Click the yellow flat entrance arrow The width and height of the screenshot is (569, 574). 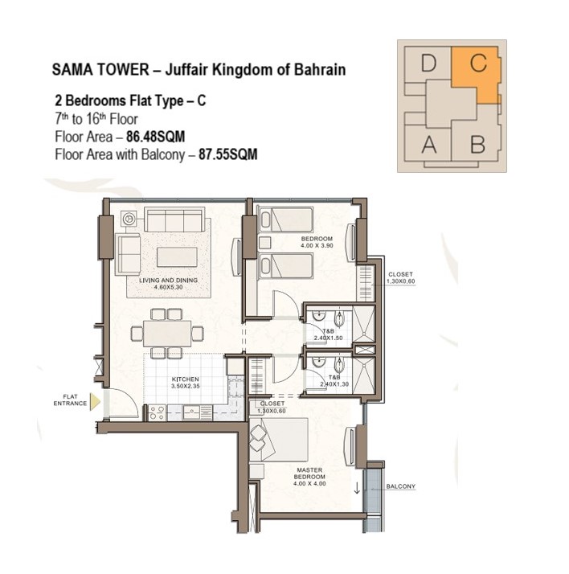point(95,402)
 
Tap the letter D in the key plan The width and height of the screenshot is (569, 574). point(428,63)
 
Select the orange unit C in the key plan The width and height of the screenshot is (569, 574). point(477,73)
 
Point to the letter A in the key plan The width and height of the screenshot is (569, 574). point(429,145)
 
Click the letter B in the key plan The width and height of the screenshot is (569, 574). point(477,144)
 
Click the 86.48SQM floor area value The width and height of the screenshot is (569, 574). point(156,137)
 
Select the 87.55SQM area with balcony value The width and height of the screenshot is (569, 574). point(228,154)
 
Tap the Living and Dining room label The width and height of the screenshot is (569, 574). point(168,284)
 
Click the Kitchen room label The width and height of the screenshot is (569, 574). point(186,383)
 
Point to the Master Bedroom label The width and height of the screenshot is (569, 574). point(309,477)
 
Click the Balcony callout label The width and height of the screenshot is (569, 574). point(401,486)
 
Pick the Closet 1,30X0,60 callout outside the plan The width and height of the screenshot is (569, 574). point(401,278)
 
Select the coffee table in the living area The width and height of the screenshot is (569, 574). point(177,257)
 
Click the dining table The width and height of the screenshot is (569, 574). point(167,334)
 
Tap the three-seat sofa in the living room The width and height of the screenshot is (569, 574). point(174,219)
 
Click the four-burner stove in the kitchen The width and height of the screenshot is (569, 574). point(157,413)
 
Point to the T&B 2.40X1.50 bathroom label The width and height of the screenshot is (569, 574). point(329,334)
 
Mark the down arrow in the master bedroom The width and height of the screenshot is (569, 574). point(357,488)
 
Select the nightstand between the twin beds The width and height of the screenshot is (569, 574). point(264,243)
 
